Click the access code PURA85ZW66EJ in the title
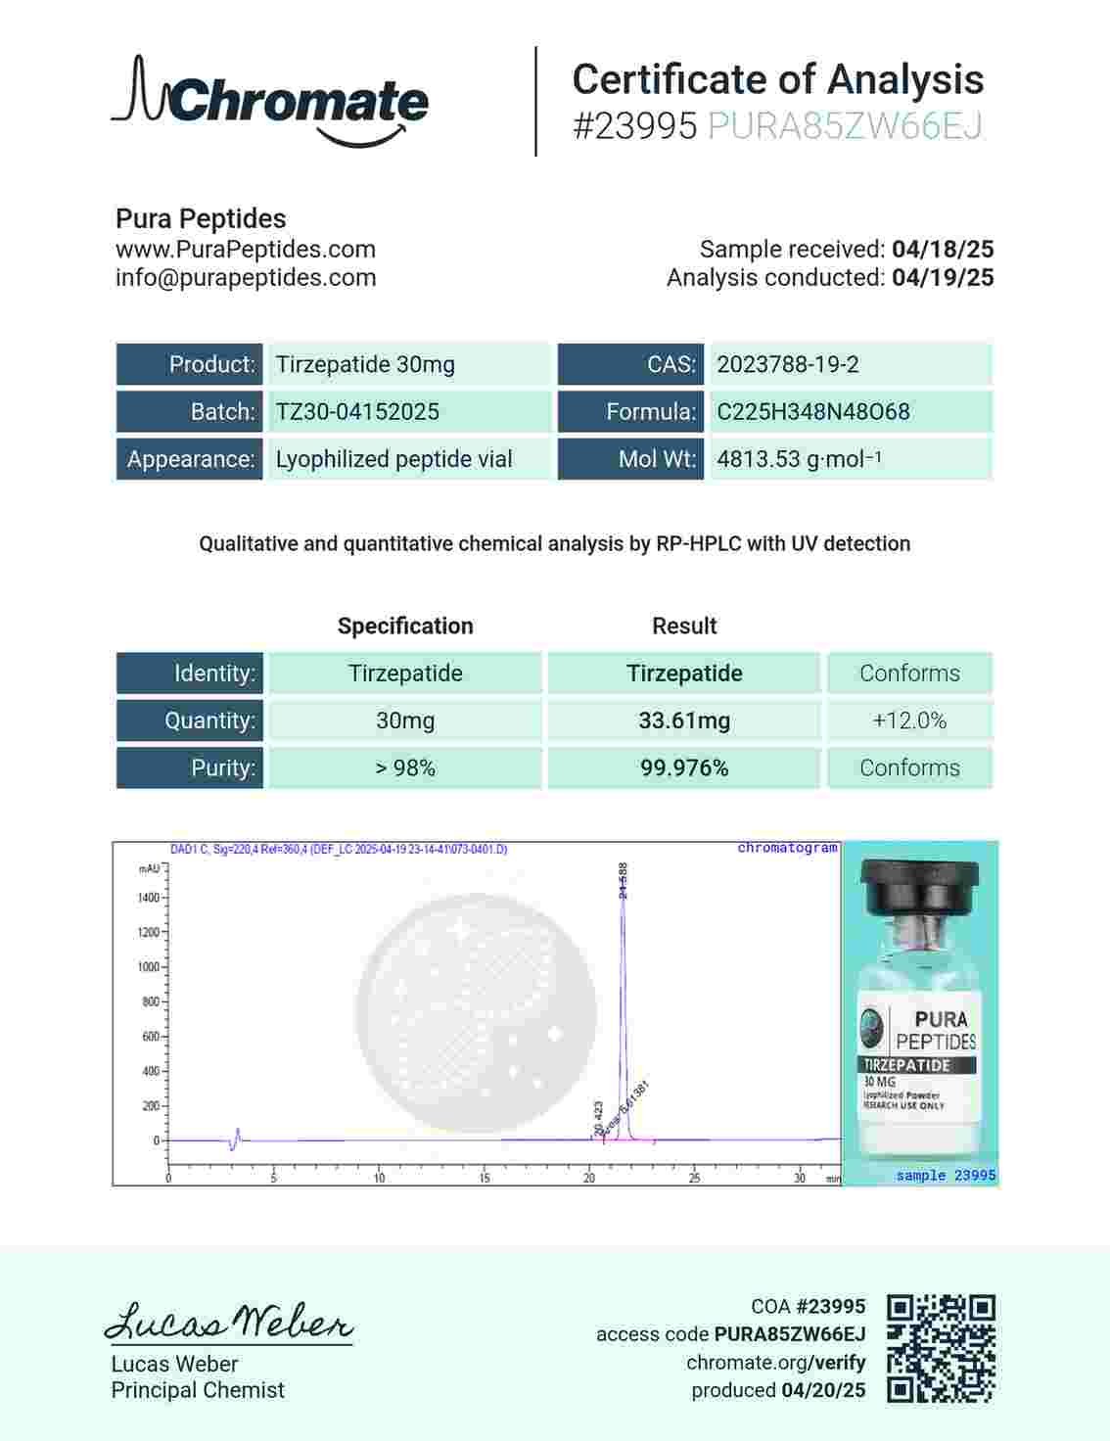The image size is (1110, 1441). (844, 126)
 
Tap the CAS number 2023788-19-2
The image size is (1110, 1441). (787, 364)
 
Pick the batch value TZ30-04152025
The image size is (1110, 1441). (357, 411)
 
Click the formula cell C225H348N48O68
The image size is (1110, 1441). (812, 411)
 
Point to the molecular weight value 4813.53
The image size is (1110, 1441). (759, 459)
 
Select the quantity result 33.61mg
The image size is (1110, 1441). (683, 720)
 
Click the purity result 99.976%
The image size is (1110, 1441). (683, 768)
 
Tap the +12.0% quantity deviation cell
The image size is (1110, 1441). (908, 720)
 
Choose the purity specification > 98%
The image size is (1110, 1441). (404, 768)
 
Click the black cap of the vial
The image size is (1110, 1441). (919, 886)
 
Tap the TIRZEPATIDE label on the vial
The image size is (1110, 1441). (906, 1064)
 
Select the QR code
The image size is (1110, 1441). (941, 1348)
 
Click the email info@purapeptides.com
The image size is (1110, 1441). (246, 278)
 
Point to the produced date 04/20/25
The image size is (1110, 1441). (822, 1390)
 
